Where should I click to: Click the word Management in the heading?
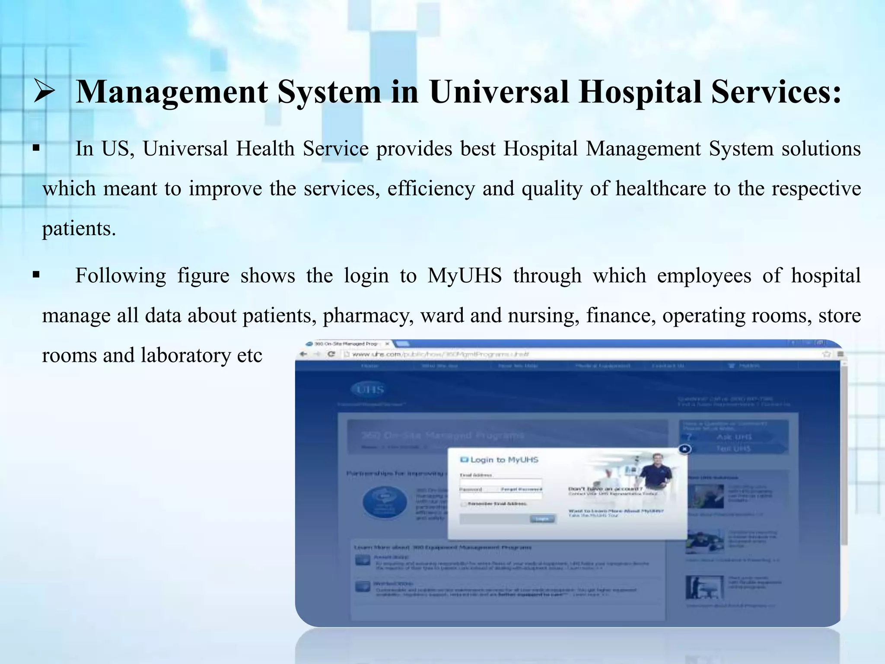tap(172, 92)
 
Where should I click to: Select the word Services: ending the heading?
tap(777, 92)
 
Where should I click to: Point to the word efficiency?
tap(431, 189)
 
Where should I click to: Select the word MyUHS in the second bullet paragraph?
tap(465, 276)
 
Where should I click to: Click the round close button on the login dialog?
tap(684, 449)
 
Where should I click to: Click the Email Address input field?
tap(500, 482)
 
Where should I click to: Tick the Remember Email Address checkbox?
tap(464, 504)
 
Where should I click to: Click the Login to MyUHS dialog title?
tap(500, 460)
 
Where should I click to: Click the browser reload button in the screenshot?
tap(331, 354)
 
